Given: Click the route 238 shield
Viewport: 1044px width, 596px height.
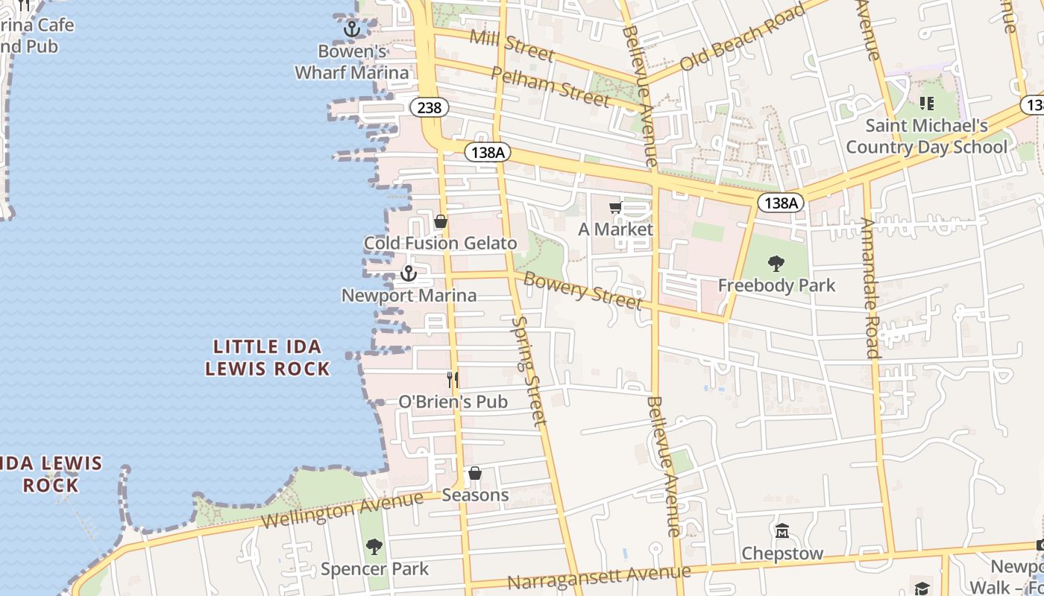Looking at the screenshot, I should pyautogui.click(x=430, y=108).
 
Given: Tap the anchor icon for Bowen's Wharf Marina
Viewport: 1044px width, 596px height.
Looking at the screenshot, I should pyautogui.click(x=352, y=29).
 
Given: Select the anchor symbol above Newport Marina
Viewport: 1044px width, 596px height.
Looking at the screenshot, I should pyautogui.click(x=408, y=273).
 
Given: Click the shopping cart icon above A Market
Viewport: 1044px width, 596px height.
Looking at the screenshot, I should pyautogui.click(x=615, y=208).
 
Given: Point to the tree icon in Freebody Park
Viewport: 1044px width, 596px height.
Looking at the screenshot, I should pyautogui.click(x=776, y=263).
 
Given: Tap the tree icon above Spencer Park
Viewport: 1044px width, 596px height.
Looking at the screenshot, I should pyautogui.click(x=374, y=547).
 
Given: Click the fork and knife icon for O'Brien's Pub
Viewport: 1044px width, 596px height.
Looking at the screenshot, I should pyautogui.click(x=453, y=379).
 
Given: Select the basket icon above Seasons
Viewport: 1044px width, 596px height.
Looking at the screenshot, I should pyautogui.click(x=475, y=473).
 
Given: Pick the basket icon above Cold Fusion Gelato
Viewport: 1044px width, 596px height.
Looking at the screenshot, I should pyautogui.click(x=441, y=221).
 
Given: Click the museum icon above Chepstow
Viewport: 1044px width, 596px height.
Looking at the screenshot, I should pyautogui.click(x=782, y=531).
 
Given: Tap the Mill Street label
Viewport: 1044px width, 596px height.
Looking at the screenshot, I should pyautogui.click(x=512, y=45).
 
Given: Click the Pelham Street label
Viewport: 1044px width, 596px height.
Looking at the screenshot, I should pyautogui.click(x=550, y=85).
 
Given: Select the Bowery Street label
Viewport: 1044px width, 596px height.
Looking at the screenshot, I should pyautogui.click(x=582, y=290).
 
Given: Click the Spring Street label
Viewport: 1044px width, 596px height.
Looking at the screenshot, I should pyautogui.click(x=529, y=370).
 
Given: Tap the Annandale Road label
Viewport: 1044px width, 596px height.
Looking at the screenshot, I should pyautogui.click(x=870, y=288).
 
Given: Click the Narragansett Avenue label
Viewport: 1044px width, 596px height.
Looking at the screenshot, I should pyautogui.click(x=599, y=577).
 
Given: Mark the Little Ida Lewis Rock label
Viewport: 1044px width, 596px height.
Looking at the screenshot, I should pyautogui.click(x=268, y=358).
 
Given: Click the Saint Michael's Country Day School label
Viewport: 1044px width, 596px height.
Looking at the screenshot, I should pyautogui.click(x=927, y=136).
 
